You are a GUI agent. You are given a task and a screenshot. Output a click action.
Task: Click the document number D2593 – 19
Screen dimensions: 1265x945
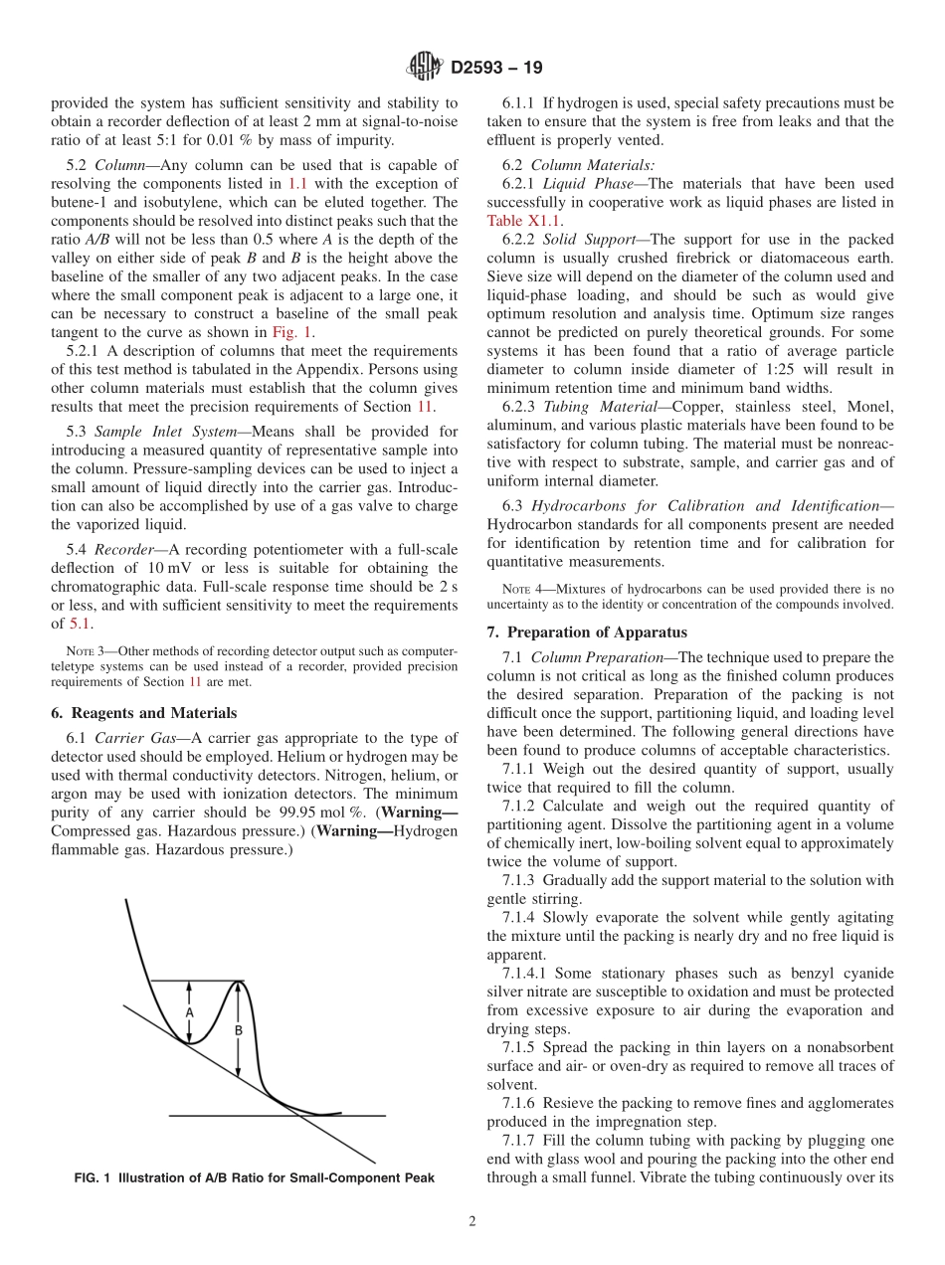point(496,69)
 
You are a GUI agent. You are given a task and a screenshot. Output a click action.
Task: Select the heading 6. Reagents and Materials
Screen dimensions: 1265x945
point(143,713)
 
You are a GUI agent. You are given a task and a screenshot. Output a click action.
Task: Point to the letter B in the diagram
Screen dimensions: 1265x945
point(239,1031)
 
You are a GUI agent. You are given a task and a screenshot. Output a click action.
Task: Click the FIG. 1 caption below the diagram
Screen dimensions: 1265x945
point(255,1178)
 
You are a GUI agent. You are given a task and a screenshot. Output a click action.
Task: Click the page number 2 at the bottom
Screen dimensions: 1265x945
point(472,1222)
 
